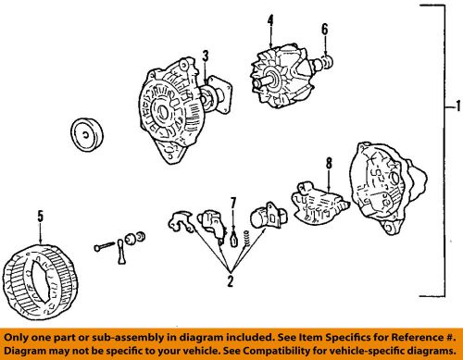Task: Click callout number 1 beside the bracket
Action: pos(458,106)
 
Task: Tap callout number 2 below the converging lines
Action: pos(231,280)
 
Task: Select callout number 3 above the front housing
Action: pos(206,56)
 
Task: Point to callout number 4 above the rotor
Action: pos(270,20)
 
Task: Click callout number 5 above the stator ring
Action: pos(41,216)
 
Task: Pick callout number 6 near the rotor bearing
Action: pos(325,30)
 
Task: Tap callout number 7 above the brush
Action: pos(233,204)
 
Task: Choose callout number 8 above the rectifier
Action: pos(329,163)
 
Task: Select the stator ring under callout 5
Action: pos(40,282)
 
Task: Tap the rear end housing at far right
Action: pos(388,187)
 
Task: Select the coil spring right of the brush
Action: pos(246,238)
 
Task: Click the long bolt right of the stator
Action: pos(104,246)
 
